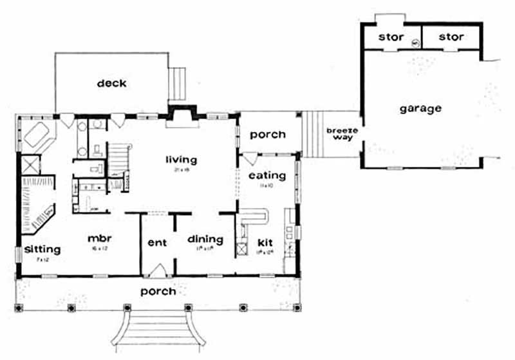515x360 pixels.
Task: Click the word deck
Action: (x=111, y=83)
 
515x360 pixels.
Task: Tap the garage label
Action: (x=420, y=108)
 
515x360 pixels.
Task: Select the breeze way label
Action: (x=338, y=133)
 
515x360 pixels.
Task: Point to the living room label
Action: (x=181, y=160)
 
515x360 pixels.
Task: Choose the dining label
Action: (x=205, y=240)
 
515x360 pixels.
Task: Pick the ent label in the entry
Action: (x=157, y=243)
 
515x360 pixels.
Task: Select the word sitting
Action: (x=42, y=249)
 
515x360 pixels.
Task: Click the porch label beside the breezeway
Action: (x=267, y=135)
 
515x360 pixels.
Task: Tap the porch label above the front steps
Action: (x=158, y=291)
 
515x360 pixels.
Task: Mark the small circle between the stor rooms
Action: (x=416, y=43)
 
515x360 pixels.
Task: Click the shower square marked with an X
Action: (x=30, y=165)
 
